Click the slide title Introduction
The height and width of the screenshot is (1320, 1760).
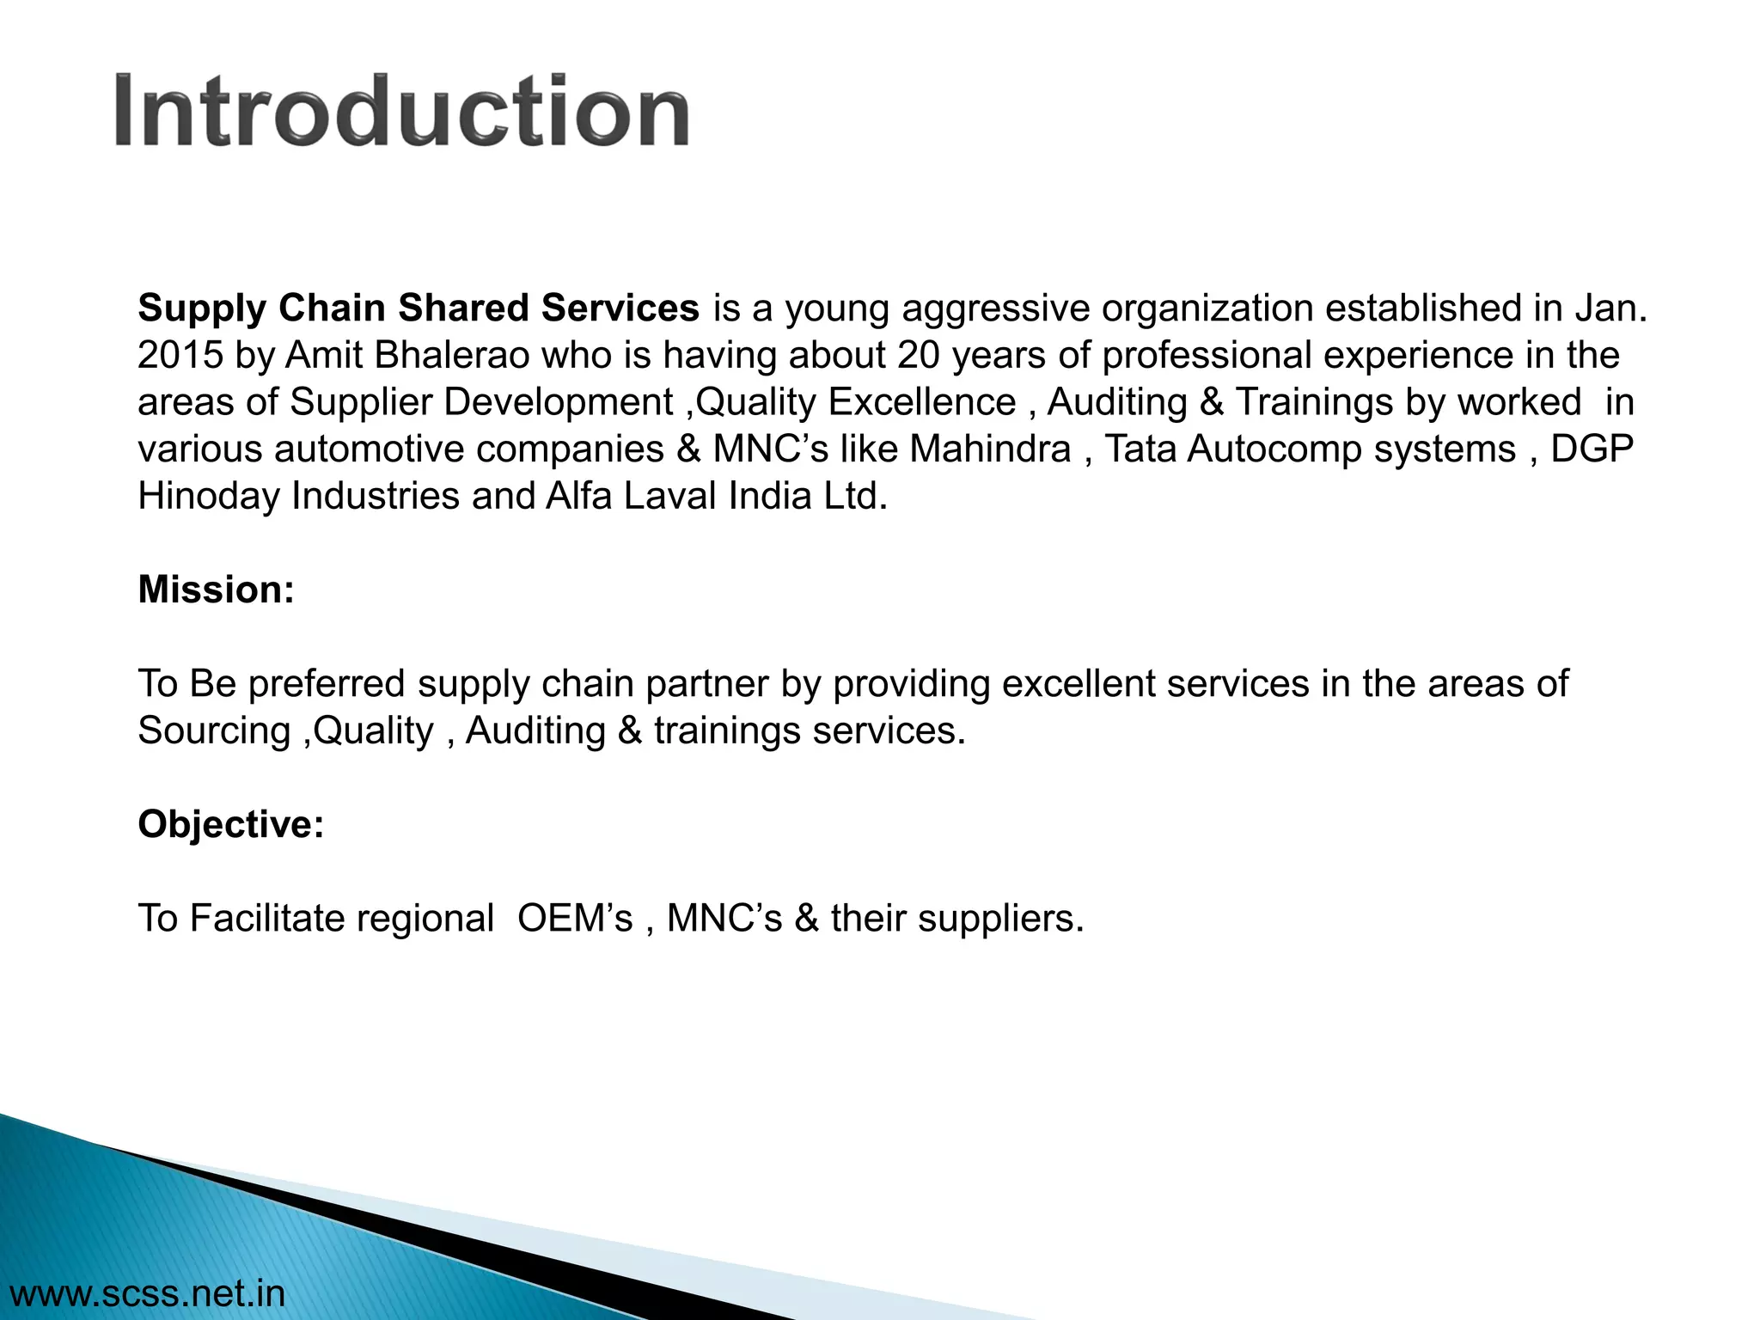401,112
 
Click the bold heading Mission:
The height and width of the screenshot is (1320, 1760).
216,590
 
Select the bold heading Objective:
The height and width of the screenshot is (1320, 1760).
231,825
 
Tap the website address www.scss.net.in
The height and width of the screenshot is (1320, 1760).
146,1293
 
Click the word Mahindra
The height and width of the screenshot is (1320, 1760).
990,449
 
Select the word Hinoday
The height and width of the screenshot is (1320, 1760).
209,497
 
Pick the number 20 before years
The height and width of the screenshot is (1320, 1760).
919,356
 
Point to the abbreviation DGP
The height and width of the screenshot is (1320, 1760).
1592,449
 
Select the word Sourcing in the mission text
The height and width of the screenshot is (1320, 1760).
214,731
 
